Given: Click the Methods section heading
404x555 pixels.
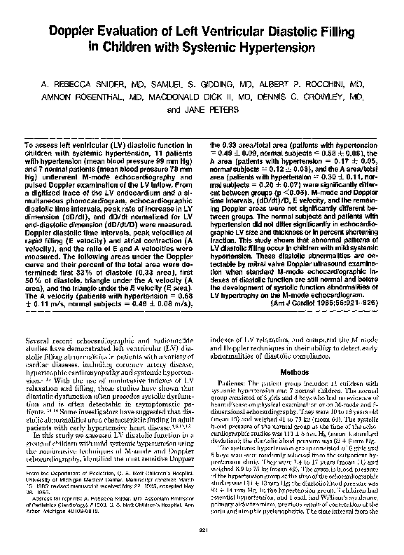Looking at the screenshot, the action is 290,371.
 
